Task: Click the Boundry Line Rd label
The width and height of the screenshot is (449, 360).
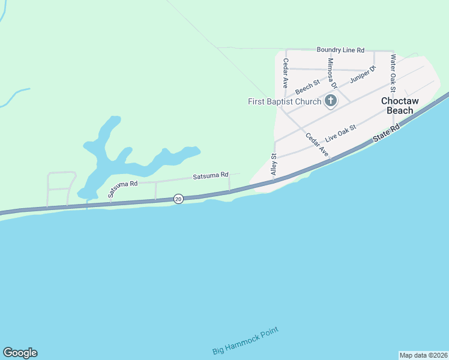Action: [x=340, y=50]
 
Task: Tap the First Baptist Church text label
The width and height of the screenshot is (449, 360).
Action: [x=285, y=101]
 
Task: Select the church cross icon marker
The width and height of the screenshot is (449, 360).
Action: [x=330, y=100]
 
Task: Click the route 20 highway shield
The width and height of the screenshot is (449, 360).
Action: [x=178, y=199]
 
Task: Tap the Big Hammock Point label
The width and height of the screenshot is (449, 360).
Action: [x=246, y=341]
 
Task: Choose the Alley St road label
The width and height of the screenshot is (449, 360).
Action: [x=274, y=164]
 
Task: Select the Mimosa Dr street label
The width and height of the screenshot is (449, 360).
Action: [x=332, y=73]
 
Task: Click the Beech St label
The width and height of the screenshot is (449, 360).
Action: [x=307, y=85]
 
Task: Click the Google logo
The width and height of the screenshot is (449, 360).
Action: [x=20, y=353]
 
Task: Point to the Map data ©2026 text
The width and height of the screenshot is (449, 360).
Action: [x=423, y=355]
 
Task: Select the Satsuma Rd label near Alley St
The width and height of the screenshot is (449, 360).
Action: [x=210, y=175]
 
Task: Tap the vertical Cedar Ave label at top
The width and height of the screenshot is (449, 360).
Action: [x=286, y=73]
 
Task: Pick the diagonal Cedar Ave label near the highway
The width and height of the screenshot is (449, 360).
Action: [x=317, y=145]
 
